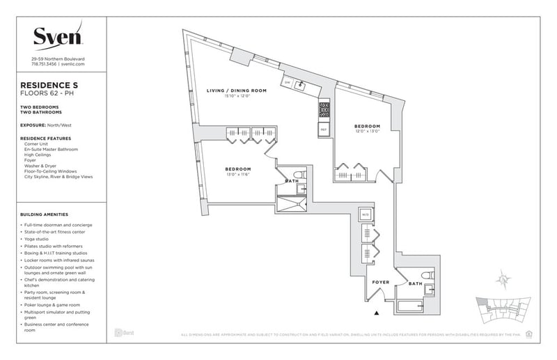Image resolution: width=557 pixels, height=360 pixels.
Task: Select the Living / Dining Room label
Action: (235, 91)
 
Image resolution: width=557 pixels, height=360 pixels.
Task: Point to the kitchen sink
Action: (301, 86)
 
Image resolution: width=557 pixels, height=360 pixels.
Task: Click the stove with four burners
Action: (324, 109)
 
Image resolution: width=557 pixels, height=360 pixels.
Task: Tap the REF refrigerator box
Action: (324, 130)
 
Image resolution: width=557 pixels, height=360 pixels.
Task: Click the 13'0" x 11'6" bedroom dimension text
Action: (237, 175)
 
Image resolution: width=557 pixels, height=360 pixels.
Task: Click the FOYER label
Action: (380, 282)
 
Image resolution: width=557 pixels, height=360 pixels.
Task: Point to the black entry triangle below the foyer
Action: (377, 313)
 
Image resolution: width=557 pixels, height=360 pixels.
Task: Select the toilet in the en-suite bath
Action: (297, 175)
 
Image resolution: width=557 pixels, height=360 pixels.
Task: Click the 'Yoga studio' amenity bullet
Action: (42, 239)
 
